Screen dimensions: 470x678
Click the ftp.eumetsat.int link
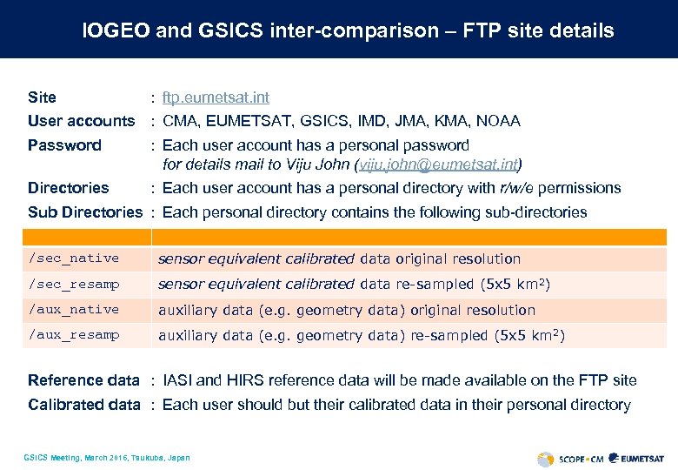[x=216, y=97]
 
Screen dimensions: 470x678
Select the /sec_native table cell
[x=74, y=258]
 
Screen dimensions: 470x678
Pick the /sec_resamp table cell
[x=74, y=284]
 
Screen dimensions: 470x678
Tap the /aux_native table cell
[x=74, y=309]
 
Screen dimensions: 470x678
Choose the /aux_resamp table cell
[x=74, y=335]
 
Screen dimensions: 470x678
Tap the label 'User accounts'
[x=81, y=121]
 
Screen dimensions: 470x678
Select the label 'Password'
[x=64, y=145]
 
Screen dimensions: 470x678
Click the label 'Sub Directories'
[x=84, y=212]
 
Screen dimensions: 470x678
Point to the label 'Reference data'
[x=83, y=380]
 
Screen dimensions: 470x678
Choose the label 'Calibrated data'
[x=83, y=405]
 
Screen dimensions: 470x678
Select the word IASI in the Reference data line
[x=180, y=380]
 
